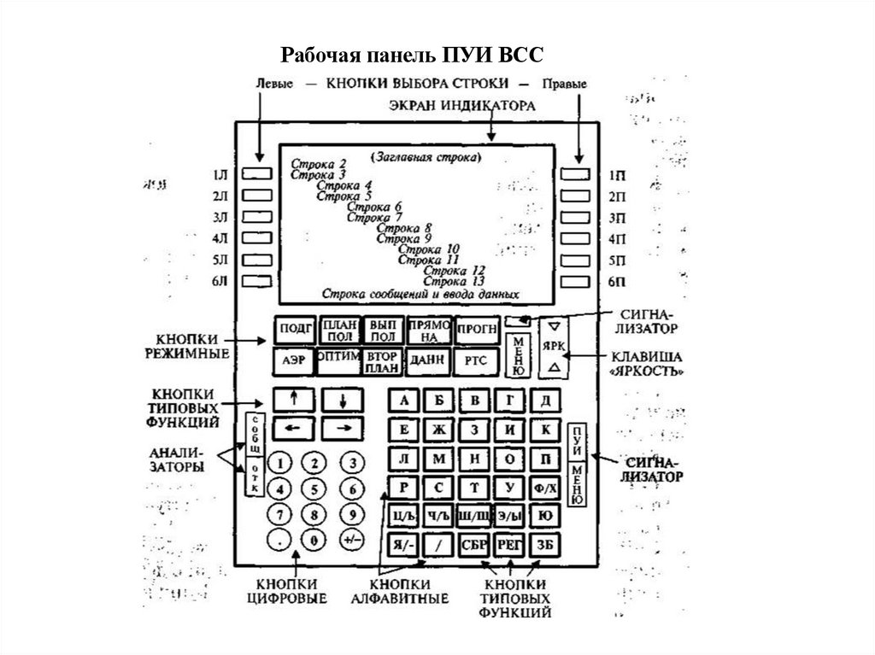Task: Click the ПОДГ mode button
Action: click(x=293, y=330)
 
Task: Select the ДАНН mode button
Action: click(x=426, y=361)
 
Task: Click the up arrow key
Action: click(x=293, y=398)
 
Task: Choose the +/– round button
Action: click(x=350, y=541)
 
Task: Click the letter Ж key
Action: click(x=439, y=430)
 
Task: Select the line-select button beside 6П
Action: click(x=577, y=280)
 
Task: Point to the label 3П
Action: click(x=617, y=218)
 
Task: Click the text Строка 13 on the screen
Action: click(x=455, y=281)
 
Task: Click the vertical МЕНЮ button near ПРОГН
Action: click(x=517, y=355)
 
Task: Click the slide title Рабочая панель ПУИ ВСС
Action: click(x=412, y=57)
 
